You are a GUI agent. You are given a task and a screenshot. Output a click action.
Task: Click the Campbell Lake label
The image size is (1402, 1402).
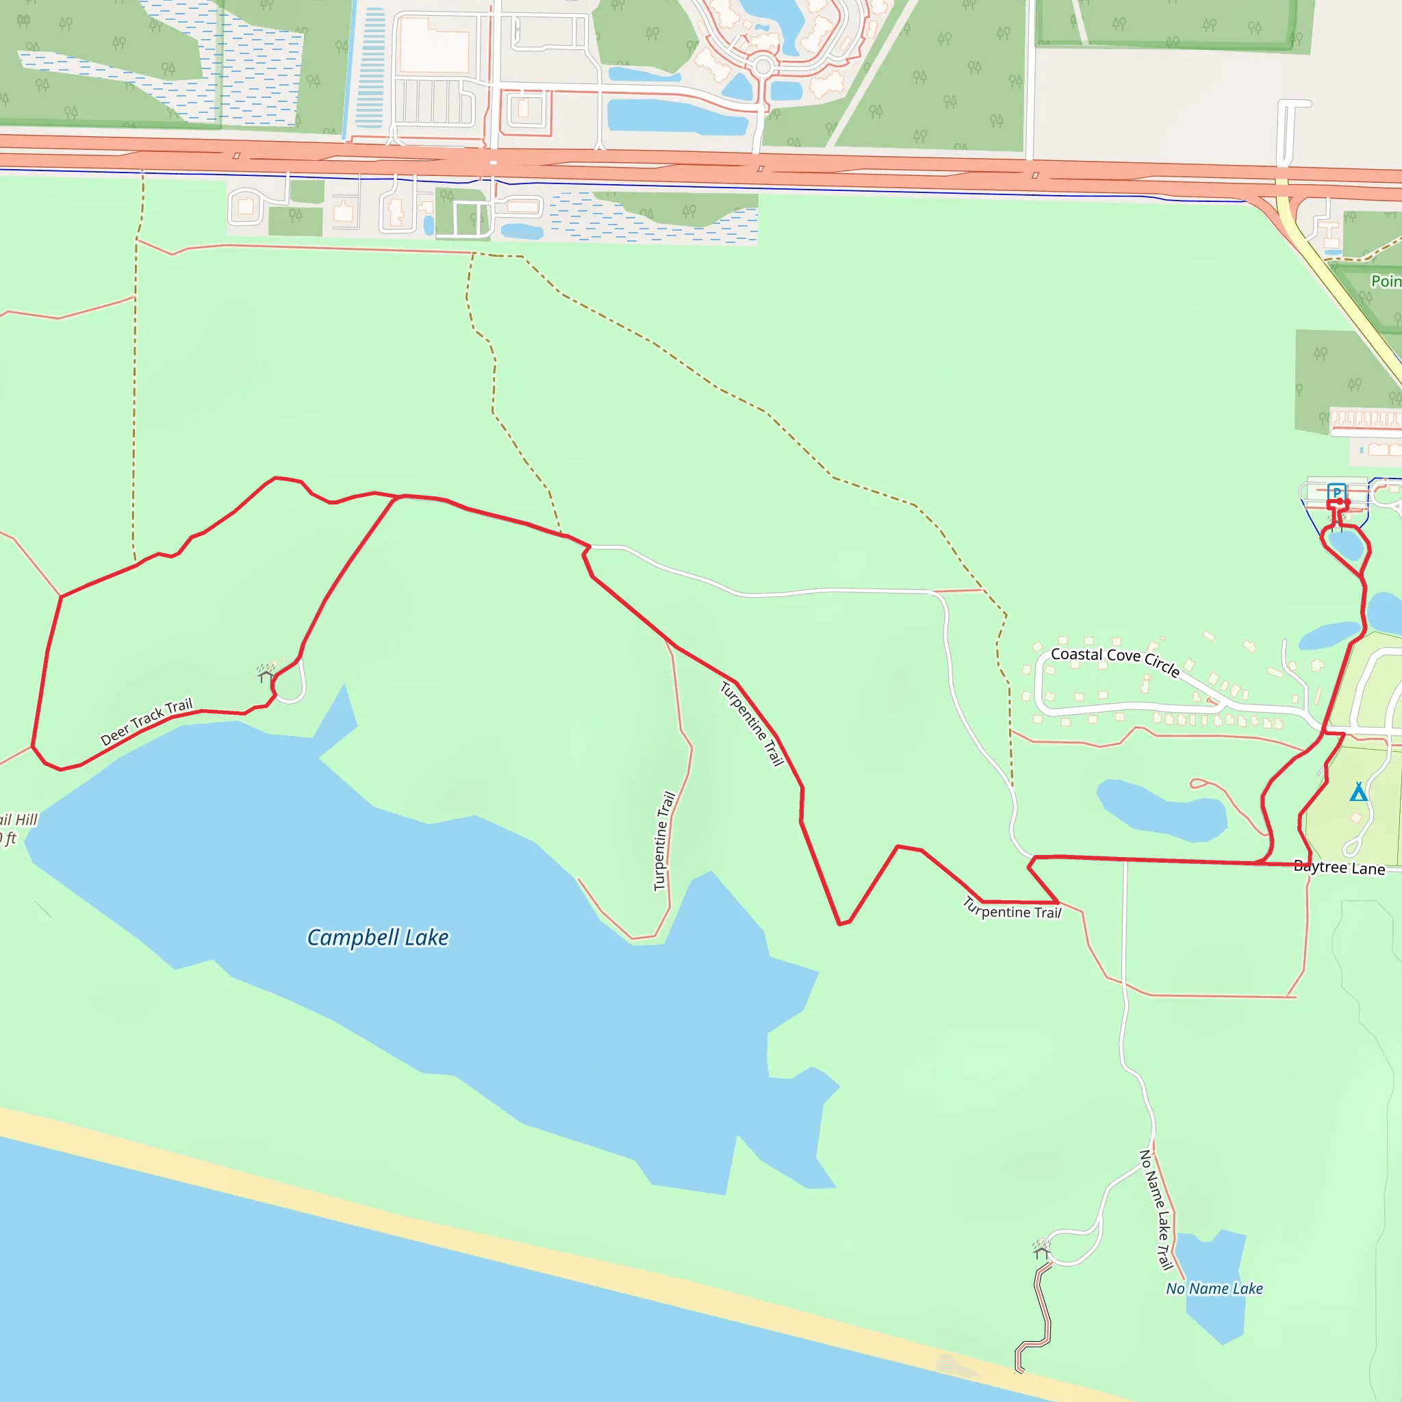[377, 938]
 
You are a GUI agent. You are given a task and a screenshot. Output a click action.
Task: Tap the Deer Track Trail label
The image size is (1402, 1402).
[146, 722]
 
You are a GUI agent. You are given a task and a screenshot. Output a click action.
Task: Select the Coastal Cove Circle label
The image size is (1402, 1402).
[1114, 661]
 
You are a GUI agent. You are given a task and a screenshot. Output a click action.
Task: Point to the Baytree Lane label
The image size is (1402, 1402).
[1339, 867]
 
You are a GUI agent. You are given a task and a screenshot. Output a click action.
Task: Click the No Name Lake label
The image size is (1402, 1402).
[1214, 1288]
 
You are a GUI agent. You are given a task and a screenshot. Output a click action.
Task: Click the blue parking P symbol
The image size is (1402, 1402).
[1337, 493]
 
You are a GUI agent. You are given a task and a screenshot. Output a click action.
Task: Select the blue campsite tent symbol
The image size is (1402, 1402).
[1358, 792]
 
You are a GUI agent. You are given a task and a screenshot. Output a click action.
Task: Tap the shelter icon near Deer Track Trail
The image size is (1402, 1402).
[266, 674]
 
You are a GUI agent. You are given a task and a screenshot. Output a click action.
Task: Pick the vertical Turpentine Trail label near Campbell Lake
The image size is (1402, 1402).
[664, 841]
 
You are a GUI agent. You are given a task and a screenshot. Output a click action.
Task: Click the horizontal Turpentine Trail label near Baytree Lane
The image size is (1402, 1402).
[1012, 909]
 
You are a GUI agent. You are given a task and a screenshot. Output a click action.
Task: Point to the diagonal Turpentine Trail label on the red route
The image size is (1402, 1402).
[752, 724]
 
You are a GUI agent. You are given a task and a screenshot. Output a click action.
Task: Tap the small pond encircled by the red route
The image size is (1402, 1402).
[1344, 544]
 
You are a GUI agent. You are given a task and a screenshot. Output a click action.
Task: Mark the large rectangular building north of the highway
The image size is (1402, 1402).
[434, 45]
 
